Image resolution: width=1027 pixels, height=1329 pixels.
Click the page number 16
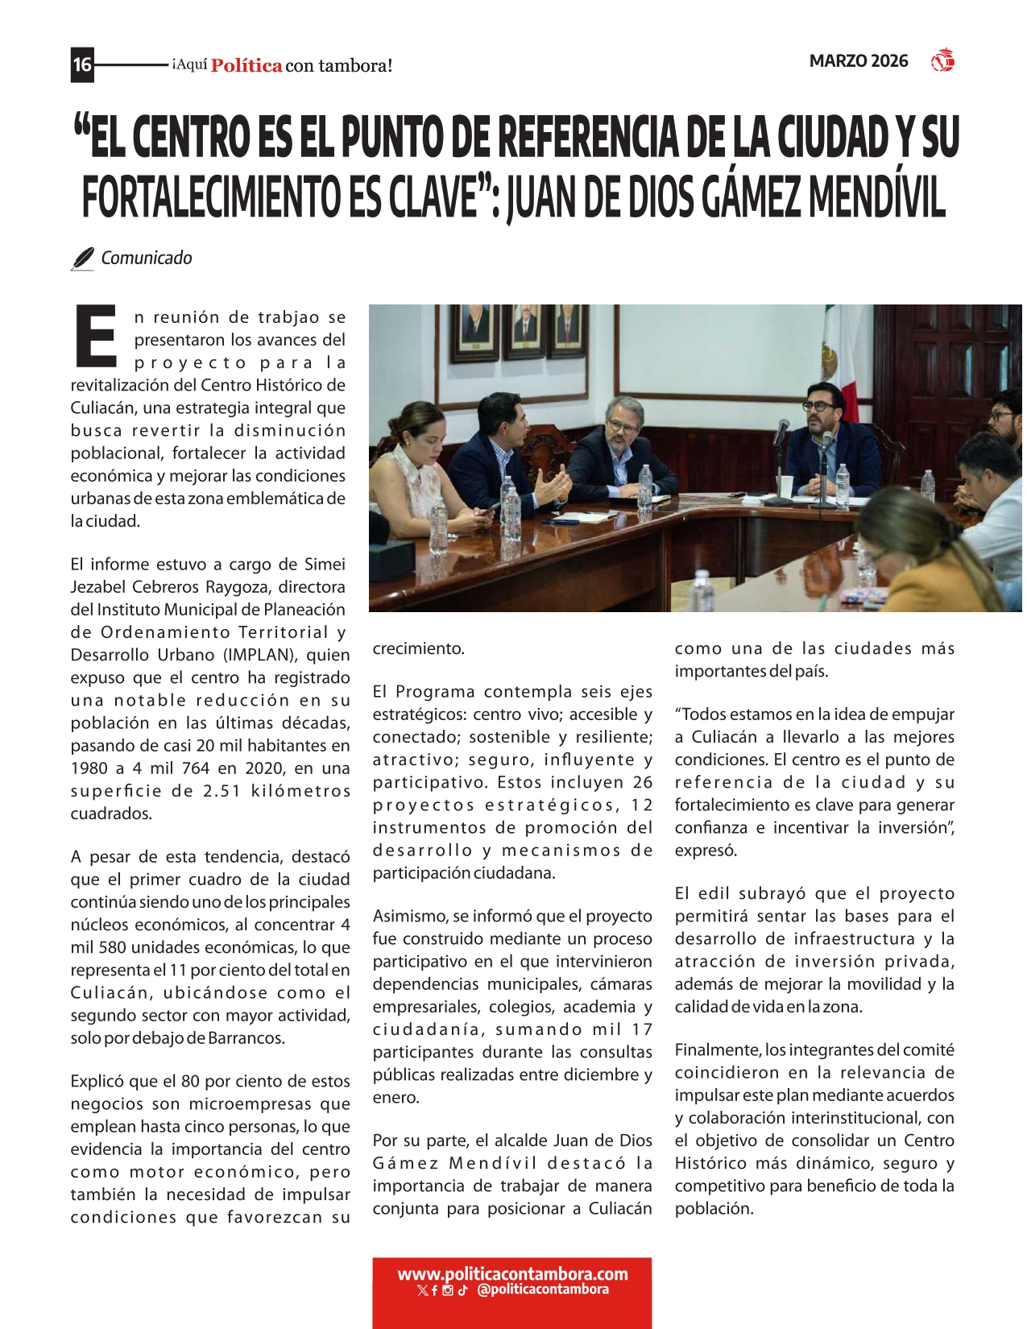coord(82,64)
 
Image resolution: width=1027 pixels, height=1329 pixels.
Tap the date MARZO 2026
coord(859,61)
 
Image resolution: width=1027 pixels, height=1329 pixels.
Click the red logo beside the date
coord(942,61)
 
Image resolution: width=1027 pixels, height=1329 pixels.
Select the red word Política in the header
coord(246,66)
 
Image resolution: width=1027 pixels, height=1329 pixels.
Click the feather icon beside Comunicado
coord(82,259)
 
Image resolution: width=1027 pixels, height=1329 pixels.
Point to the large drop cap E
coord(96,335)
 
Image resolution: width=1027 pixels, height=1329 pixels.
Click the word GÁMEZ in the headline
coord(752,197)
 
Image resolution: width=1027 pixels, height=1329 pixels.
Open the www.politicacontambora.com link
coord(512,1274)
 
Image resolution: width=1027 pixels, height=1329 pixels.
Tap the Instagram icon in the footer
coord(448,1290)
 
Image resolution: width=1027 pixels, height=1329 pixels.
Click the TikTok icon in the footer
coord(462,1290)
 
